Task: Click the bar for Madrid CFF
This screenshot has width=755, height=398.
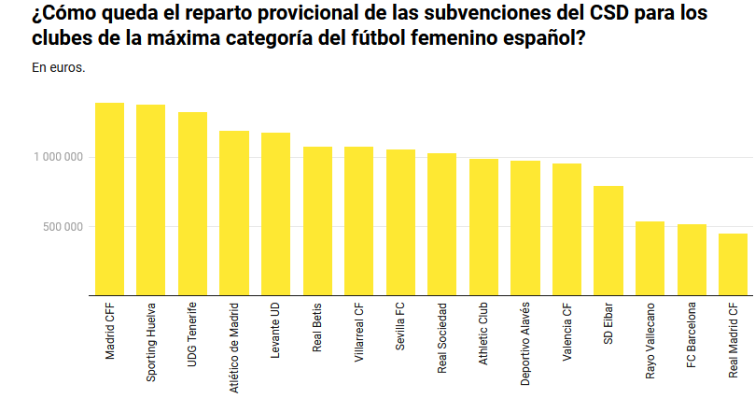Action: point(110,199)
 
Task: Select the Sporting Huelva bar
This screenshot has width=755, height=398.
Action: point(151,200)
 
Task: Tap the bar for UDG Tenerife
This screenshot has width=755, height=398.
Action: point(192,204)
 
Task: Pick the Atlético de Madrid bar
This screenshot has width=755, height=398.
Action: point(234,213)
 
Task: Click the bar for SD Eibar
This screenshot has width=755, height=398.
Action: point(608,241)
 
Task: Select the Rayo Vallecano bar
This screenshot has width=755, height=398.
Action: point(650,259)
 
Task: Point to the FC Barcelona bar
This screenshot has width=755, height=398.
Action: point(692,260)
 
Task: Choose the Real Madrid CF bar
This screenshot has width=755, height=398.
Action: point(733,264)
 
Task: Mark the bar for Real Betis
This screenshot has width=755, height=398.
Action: point(317,221)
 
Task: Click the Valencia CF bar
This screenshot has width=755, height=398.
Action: point(566,230)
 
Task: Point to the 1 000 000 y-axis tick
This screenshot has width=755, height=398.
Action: point(57,157)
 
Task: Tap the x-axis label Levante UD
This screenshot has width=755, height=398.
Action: point(275,333)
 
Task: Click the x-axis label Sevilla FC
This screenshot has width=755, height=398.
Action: point(400,326)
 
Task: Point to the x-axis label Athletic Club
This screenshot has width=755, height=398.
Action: point(483,334)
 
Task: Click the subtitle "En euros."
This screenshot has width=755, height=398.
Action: point(59,67)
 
